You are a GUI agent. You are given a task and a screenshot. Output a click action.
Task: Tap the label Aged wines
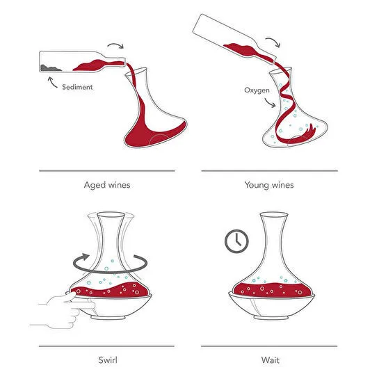point(106,185)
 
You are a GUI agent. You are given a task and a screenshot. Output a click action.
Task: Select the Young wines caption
point(269,185)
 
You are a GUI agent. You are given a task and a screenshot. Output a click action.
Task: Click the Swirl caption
point(106,360)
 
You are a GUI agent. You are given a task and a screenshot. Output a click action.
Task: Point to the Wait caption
point(269,360)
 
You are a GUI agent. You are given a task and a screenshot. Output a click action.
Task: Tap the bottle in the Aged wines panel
point(76,63)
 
